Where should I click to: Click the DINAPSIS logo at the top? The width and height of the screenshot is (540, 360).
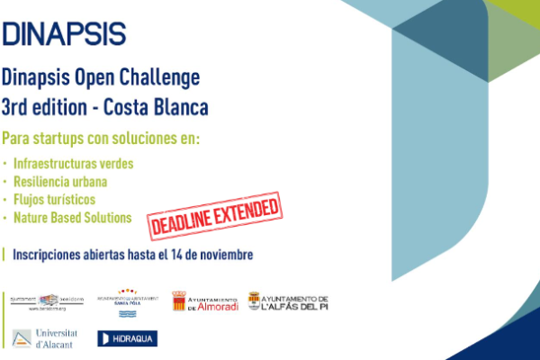(x=64, y=33)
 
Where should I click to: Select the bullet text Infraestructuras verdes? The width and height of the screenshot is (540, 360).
(x=73, y=164)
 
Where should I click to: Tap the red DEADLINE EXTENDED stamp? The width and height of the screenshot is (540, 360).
(x=214, y=215)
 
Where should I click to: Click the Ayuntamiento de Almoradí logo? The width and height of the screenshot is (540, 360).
(x=204, y=301)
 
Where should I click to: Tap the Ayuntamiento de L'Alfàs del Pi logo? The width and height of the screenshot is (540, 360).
(x=288, y=301)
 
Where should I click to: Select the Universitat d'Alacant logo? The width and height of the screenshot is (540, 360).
(x=45, y=337)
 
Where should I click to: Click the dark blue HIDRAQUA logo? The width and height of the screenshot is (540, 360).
(x=127, y=338)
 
